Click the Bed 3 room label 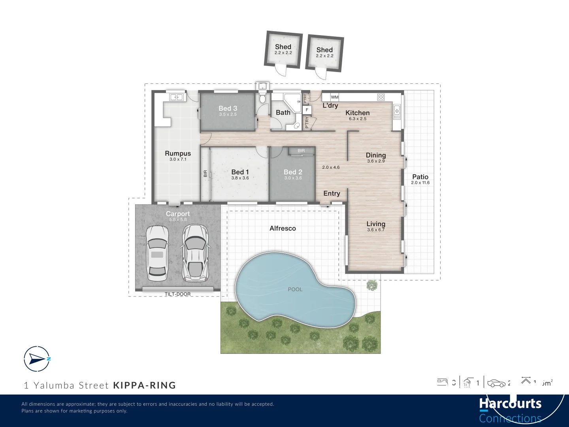(x=228, y=108)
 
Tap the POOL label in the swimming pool (x=295, y=289)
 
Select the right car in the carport (x=195, y=253)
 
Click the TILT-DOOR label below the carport (x=177, y=294)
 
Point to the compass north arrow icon (x=37, y=359)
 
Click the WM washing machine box (x=335, y=97)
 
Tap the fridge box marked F (x=307, y=110)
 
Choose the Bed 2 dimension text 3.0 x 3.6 (x=293, y=178)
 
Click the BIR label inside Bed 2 (x=301, y=151)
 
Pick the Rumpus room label (x=178, y=153)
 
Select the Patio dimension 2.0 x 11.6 (x=420, y=183)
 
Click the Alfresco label (x=283, y=229)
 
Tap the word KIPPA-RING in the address (x=145, y=385)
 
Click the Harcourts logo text (x=510, y=404)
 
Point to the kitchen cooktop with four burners (x=381, y=97)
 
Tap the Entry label (x=332, y=193)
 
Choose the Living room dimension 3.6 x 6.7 (x=375, y=230)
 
